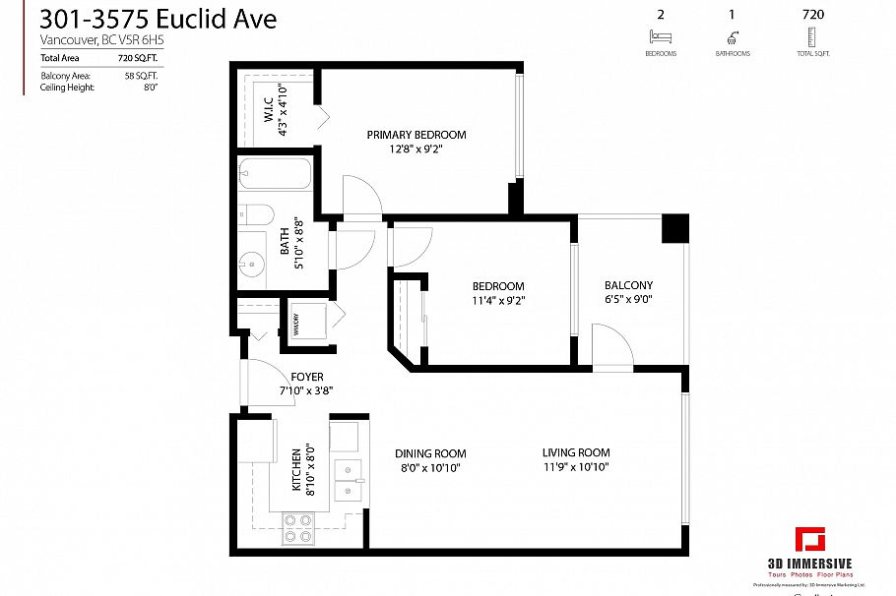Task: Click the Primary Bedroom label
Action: click(x=416, y=135)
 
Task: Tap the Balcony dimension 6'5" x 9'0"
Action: click(x=629, y=302)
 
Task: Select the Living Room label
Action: click(x=576, y=452)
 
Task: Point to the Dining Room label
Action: click(x=428, y=453)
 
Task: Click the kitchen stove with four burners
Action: click(x=298, y=528)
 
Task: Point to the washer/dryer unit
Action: click(x=309, y=322)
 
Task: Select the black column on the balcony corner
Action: click(x=674, y=229)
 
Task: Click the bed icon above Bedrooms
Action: click(x=659, y=37)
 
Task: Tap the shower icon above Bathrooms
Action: click(x=732, y=37)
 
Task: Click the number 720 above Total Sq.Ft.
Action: click(x=812, y=15)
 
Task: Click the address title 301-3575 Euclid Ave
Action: click(x=159, y=19)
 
